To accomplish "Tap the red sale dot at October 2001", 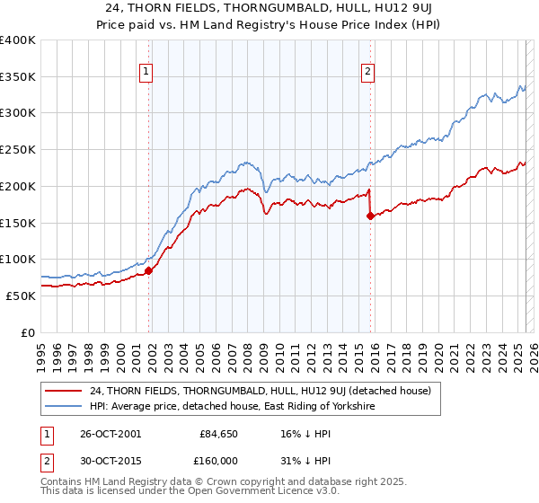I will tap(148, 270).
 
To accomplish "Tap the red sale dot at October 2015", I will tap(370, 216).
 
